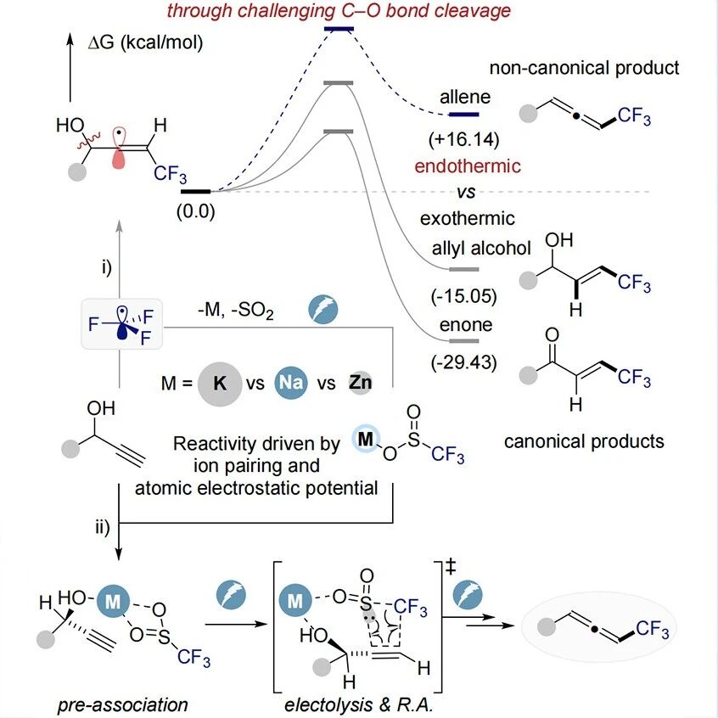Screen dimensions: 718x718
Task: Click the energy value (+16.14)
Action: coord(463,139)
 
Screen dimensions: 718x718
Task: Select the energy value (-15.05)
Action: coord(463,296)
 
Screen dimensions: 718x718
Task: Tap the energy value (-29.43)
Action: coord(463,362)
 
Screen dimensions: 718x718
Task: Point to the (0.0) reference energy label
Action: coord(195,211)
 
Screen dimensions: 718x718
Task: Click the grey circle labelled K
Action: coord(220,384)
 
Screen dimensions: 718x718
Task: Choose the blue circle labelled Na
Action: coord(291,382)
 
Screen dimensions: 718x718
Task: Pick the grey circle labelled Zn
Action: coord(361,383)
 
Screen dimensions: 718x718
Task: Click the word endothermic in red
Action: coord(468,165)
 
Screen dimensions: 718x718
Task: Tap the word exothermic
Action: coord(468,218)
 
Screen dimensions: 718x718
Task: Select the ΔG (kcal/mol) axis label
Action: coord(145,42)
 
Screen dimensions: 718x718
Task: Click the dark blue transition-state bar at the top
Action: coord(339,29)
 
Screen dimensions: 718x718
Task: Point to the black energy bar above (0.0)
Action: coord(195,192)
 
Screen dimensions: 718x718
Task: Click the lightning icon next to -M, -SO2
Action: coord(323,310)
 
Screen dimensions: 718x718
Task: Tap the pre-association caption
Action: coord(123,705)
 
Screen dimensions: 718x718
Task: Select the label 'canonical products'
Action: coord(584,441)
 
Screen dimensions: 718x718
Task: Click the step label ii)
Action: coord(103,527)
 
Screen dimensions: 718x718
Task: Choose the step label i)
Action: coord(107,267)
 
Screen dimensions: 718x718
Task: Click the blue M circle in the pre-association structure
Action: coord(113,601)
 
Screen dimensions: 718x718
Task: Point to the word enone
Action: coord(466,325)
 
